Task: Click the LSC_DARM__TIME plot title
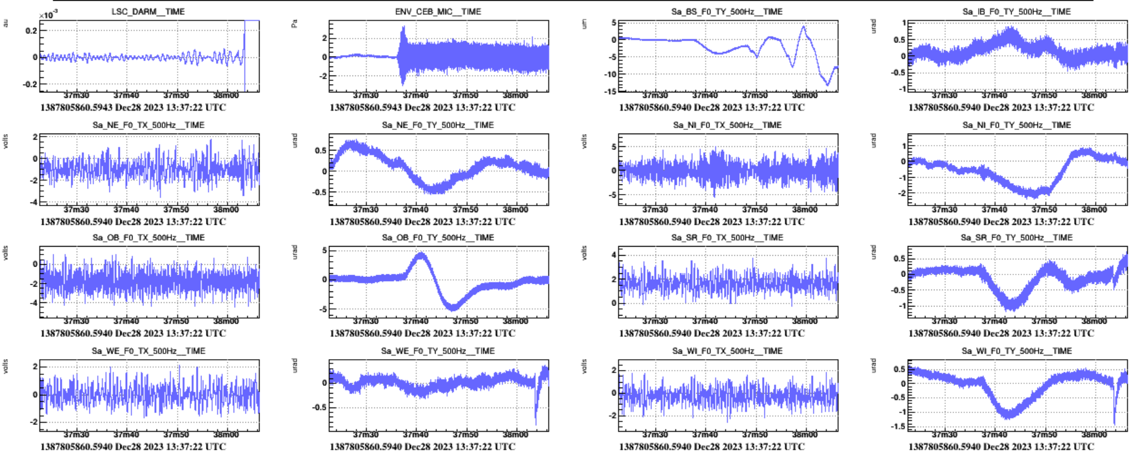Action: point(148,11)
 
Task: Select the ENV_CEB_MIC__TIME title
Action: point(438,11)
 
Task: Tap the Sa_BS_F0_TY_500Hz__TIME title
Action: point(726,11)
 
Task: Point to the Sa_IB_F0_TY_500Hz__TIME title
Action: point(1016,11)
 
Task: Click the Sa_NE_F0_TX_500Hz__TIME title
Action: point(148,125)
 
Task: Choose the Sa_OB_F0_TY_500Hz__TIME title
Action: point(438,238)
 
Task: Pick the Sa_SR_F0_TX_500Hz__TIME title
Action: point(727,238)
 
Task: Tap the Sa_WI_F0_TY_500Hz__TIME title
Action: point(1016,351)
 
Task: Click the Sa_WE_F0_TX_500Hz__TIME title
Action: point(148,351)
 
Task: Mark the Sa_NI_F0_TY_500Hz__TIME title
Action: point(1016,125)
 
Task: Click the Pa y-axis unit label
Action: point(295,24)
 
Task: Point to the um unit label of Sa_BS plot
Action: point(584,24)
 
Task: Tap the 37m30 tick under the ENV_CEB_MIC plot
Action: point(365,96)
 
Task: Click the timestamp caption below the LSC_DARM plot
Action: point(133,108)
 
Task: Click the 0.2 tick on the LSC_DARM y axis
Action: point(30,30)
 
